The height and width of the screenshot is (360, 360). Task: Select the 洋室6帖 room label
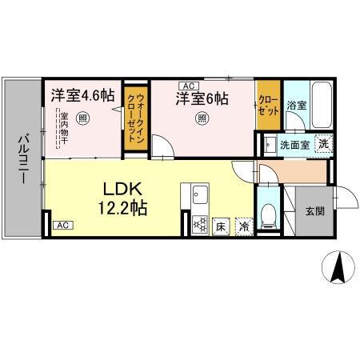click(203, 99)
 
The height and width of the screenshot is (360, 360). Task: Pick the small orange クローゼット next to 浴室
click(268, 105)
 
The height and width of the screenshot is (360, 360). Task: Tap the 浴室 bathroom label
click(298, 105)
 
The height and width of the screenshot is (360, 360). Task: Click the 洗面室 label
click(291, 145)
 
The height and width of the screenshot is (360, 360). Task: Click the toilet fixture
click(270, 214)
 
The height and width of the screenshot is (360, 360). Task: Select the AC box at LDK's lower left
click(62, 226)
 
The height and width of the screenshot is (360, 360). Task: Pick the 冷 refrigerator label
click(243, 227)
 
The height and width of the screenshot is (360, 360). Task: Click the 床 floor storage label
click(221, 227)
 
